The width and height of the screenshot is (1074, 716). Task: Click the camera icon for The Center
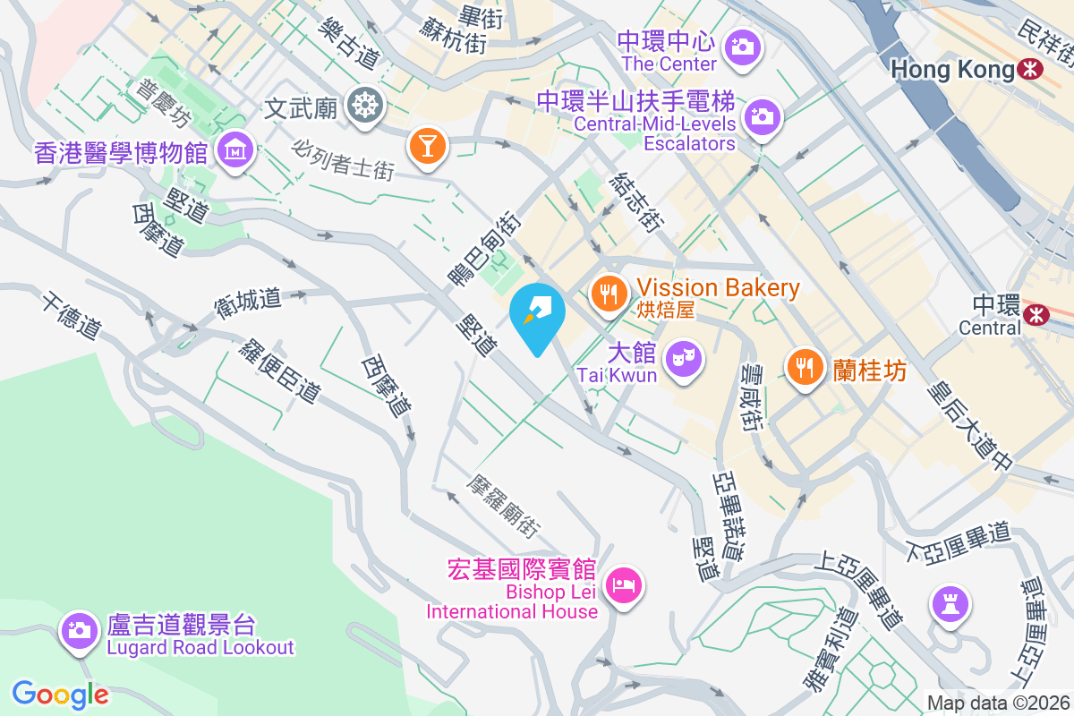point(742,46)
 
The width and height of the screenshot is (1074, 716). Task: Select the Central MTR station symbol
point(1036,314)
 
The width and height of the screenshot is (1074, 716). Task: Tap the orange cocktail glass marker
point(426,143)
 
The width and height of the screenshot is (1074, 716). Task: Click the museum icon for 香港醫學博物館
point(235,150)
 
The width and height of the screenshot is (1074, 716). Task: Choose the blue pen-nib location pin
point(537,313)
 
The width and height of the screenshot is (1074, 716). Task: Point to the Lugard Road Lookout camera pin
point(79,629)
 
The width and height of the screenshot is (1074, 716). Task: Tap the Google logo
point(60,695)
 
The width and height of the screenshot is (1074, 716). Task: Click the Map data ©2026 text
point(997,703)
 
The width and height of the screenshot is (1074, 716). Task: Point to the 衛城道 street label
point(247,301)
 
